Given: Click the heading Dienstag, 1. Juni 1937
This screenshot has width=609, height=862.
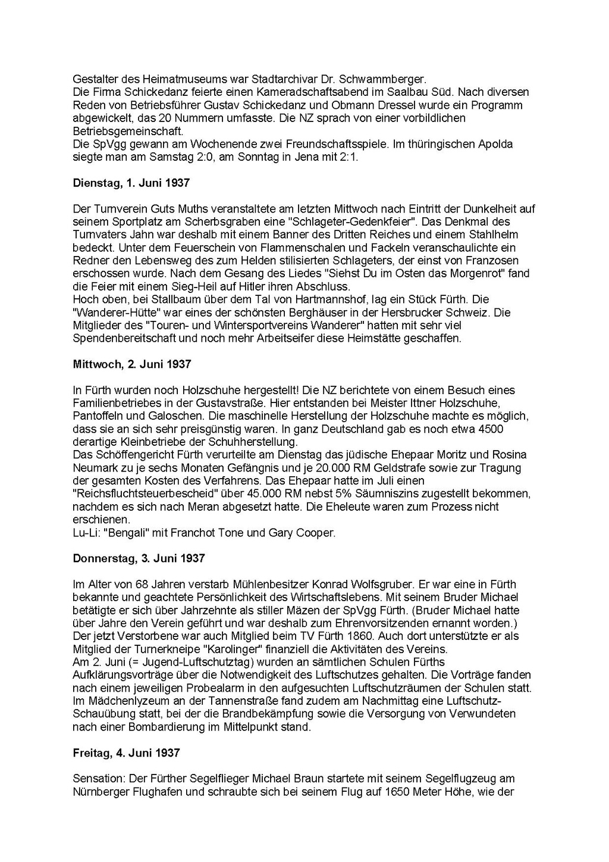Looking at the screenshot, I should coord(131,183).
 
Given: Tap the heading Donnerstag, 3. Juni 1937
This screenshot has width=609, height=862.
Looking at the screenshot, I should coord(139,558).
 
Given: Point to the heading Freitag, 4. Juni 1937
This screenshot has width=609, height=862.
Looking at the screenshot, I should coord(126,753).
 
